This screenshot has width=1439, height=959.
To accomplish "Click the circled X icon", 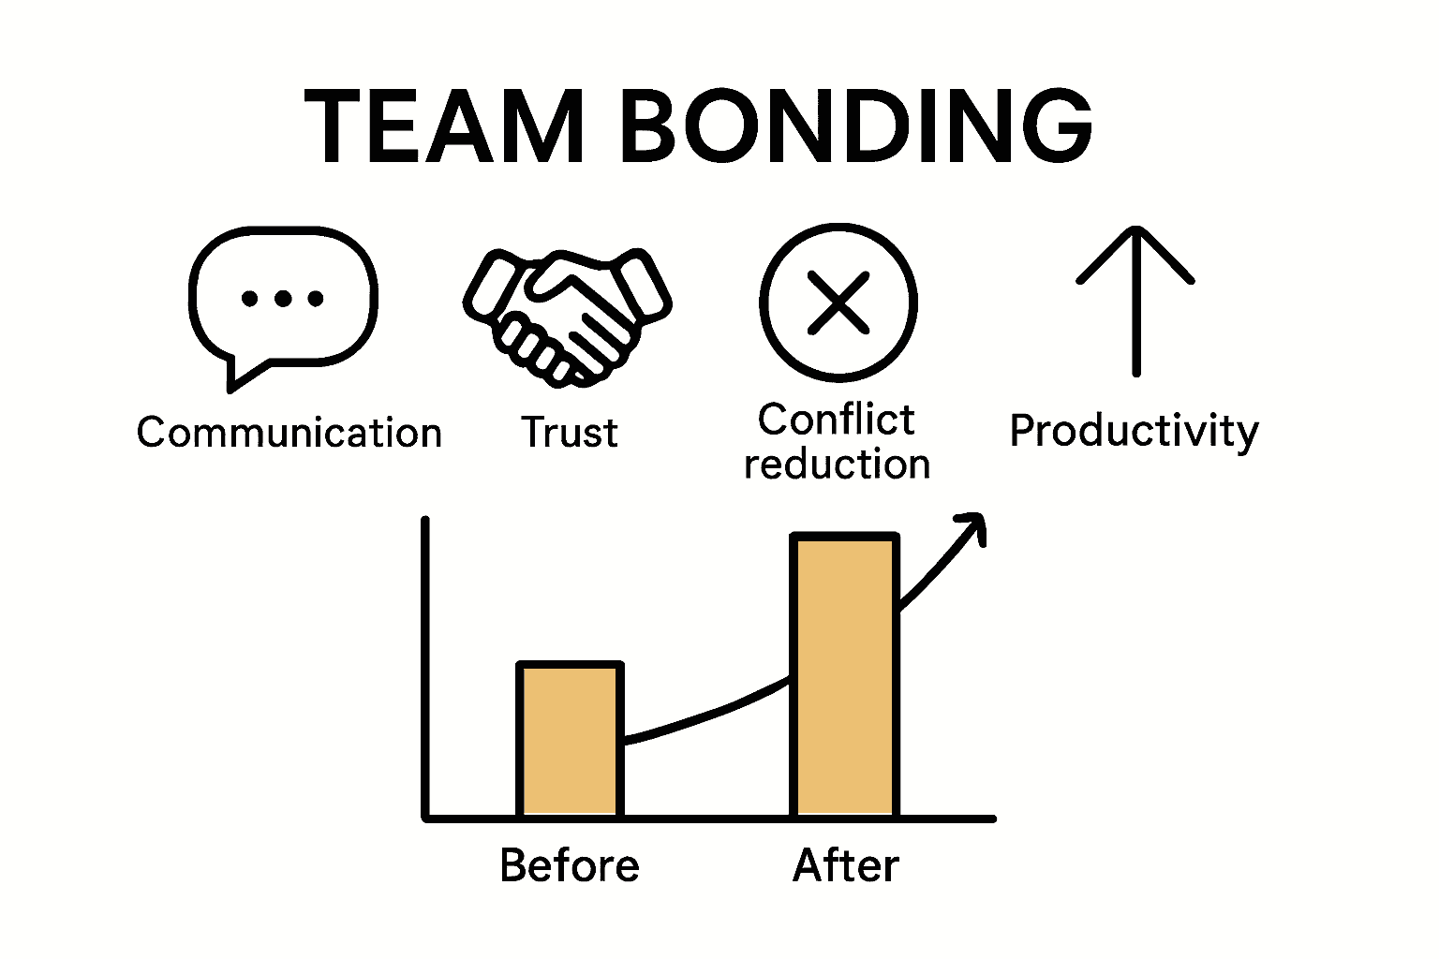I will coord(838,302).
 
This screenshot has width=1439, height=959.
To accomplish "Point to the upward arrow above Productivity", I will coord(1135,300).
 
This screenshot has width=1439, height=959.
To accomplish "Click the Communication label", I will coord(289,433).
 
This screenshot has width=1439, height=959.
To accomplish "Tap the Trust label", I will coord(570,433).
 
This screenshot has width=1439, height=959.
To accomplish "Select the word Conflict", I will coord(836,420).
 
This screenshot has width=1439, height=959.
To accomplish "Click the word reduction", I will coord(837,465).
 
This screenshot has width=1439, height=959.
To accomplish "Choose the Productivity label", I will coord(1134,431).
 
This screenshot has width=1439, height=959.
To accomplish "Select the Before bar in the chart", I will coord(570,740).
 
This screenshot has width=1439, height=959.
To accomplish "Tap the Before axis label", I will coord(570,865).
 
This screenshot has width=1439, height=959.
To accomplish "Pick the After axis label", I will coord(845,865).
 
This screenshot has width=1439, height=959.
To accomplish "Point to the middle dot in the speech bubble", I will coord(283,300).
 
